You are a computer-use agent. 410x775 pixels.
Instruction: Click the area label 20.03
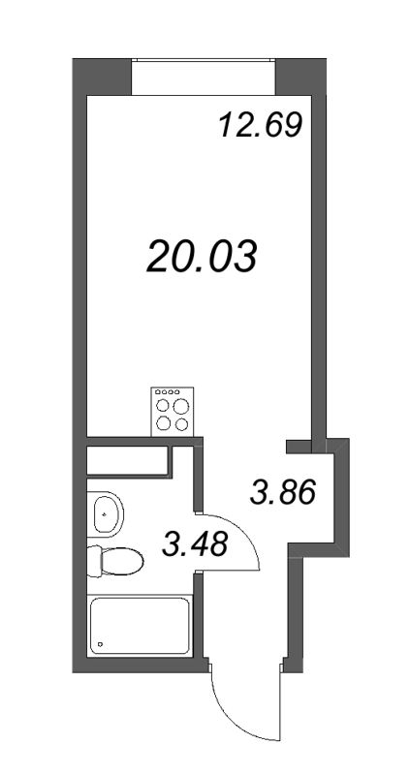coord(202,258)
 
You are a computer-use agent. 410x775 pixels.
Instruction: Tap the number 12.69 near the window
coord(259,126)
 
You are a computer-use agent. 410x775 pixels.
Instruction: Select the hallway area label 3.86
coord(282,493)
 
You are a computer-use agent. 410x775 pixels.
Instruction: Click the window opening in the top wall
coord(204,77)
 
